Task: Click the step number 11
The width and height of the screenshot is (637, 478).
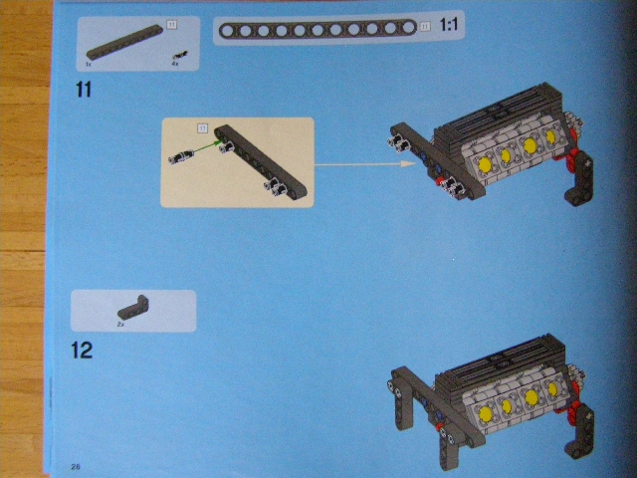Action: (83, 90)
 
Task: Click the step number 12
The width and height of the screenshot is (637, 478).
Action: (82, 351)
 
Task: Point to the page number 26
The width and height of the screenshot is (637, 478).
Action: (76, 466)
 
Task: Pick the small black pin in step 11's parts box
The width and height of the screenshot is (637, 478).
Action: (178, 55)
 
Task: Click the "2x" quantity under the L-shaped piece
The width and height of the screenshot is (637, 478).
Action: (120, 324)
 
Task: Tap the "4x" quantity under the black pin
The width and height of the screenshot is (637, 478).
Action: (174, 65)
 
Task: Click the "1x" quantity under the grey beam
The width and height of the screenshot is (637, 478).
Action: (89, 65)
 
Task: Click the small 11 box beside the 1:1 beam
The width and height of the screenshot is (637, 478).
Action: (425, 26)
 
